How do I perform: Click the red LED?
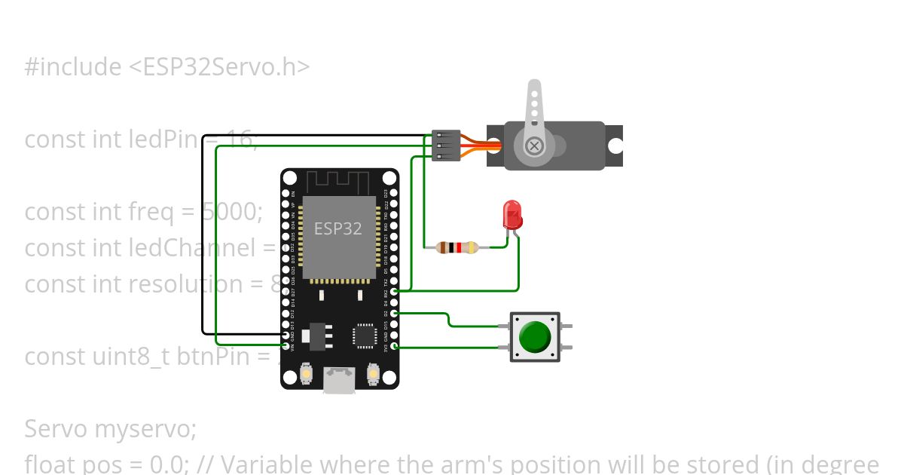tap(512, 215)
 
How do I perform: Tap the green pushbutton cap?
tap(535, 336)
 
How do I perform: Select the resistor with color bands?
tap(457, 247)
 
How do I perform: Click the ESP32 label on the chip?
tap(337, 228)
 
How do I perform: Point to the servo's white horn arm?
tap(534, 106)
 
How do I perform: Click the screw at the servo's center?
tap(534, 146)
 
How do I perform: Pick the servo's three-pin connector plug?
tap(446, 145)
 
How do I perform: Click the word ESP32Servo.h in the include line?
tap(226, 67)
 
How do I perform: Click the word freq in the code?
tap(158, 212)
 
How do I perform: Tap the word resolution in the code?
tap(188, 284)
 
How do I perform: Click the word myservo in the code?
tap(145, 429)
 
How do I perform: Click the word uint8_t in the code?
tap(132, 357)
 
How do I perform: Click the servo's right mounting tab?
tap(615, 146)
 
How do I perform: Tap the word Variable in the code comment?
tap(253, 464)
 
